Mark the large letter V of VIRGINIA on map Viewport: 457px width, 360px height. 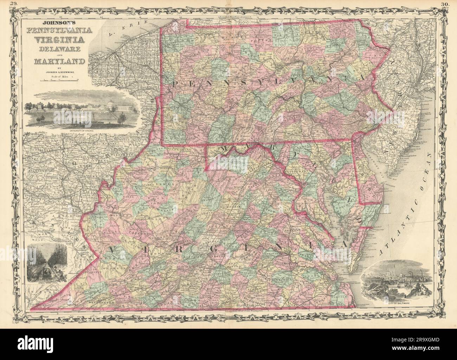pos(113,250)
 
